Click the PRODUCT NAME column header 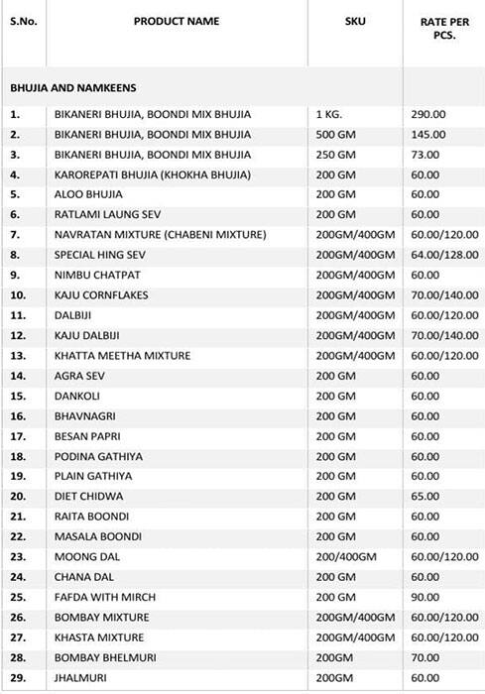pyautogui.click(x=177, y=21)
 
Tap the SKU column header pyautogui.click(x=354, y=21)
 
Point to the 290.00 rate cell pyautogui.click(x=428, y=115)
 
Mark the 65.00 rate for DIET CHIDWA pyautogui.click(x=425, y=496)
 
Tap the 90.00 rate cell pyautogui.click(x=425, y=597)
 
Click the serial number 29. pyautogui.click(x=16, y=677)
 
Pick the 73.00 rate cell pyautogui.click(x=425, y=155)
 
